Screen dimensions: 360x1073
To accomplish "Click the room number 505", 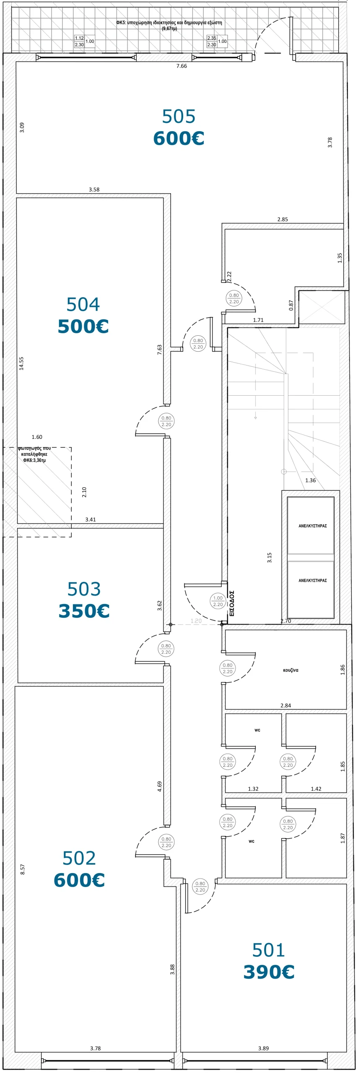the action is pos(179,117).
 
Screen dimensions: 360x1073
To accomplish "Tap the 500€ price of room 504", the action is pos(83,327).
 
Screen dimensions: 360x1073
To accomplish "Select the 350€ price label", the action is pos(84,611).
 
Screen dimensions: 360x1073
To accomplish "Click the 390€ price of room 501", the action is pos(269,972).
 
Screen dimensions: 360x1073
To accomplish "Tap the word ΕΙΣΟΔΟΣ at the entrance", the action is pos(232,603).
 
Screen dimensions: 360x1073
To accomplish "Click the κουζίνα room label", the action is pos(290,670).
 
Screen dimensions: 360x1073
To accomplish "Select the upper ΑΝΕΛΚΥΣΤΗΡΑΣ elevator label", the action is pos(313,526).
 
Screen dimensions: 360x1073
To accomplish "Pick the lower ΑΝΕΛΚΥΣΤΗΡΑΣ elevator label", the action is pos(313,581).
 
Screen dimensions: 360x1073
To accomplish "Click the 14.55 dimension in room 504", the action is pos(21,363).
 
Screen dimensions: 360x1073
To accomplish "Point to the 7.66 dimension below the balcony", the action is pos(181,66).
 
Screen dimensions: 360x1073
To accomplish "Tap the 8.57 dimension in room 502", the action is pos(23,869).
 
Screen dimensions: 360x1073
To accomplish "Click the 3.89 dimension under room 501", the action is pos(263,1048).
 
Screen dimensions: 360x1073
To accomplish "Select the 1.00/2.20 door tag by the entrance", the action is pos(218,601).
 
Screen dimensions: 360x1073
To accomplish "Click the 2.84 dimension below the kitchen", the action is pos(285,705).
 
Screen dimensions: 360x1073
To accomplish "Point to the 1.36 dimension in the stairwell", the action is pos(311,480).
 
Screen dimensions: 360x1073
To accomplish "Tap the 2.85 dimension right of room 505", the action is pos(282,219).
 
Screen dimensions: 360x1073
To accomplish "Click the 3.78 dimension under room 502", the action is pos(95,1048).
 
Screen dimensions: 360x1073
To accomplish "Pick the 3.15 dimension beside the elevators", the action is pos(269,557).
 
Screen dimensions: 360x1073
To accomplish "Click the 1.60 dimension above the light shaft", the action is pos(37,437).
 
